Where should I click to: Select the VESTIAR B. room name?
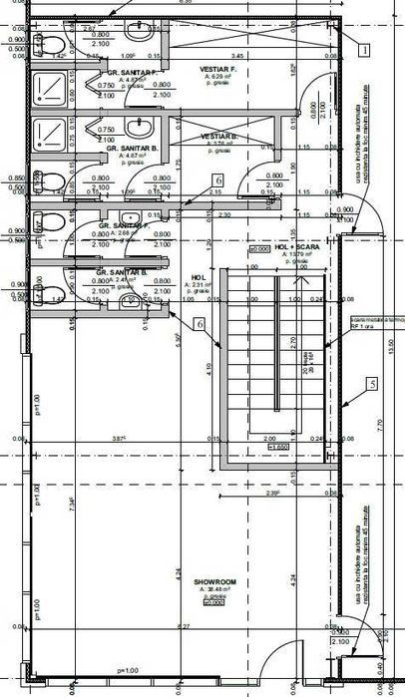(x=217, y=136)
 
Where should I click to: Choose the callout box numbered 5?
(x=371, y=383)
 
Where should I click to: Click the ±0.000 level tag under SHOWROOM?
(x=213, y=603)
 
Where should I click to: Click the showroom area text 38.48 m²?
(x=216, y=589)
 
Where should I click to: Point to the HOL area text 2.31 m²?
(x=197, y=286)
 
